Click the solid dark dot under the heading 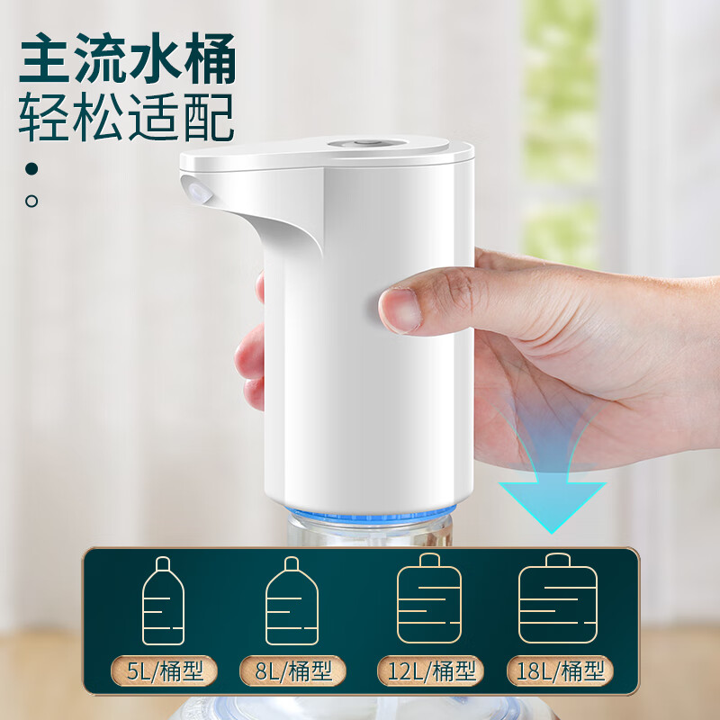[x=32, y=168]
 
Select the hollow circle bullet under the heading [x=32, y=201]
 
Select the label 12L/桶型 [x=429, y=670]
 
